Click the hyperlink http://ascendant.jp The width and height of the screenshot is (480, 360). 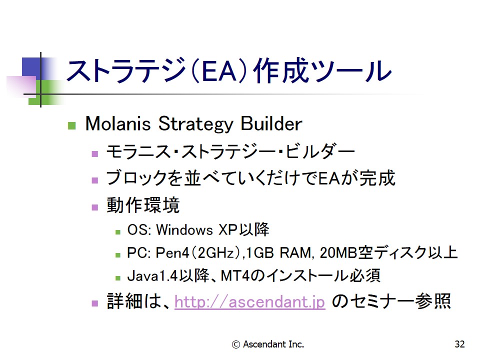point(249,301)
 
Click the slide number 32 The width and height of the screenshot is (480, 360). point(459,344)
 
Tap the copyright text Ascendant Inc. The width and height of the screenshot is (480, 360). point(268,344)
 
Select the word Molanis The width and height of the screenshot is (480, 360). point(118,123)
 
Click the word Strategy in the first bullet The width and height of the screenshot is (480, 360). point(196,124)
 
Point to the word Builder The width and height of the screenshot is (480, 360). point(271,123)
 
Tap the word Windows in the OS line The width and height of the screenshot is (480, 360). point(184,229)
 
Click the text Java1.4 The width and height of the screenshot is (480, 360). point(152,275)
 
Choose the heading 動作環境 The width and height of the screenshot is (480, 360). point(143,205)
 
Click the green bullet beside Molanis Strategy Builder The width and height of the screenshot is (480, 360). point(71,125)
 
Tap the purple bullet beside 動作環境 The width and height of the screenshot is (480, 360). point(95,207)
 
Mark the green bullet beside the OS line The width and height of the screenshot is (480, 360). point(118,232)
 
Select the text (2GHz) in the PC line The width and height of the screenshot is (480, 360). point(215,253)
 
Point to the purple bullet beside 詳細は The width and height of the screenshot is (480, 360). point(95,303)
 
